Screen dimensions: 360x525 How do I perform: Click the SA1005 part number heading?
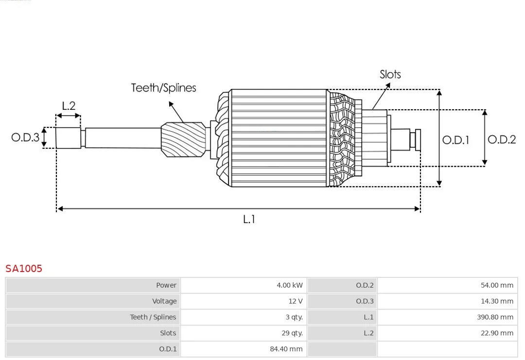(x=24, y=268)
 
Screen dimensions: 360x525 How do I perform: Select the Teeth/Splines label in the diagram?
(x=163, y=88)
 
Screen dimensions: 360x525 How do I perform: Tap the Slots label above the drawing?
(x=390, y=74)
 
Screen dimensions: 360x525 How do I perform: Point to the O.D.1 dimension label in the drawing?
(x=455, y=140)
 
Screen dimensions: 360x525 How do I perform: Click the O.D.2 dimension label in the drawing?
(x=501, y=139)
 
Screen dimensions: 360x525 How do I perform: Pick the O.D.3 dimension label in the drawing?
(x=25, y=137)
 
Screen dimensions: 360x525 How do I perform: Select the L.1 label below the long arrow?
(x=248, y=219)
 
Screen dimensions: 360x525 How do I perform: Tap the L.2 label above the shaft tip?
(x=69, y=105)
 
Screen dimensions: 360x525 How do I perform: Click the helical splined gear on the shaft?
(x=183, y=139)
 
